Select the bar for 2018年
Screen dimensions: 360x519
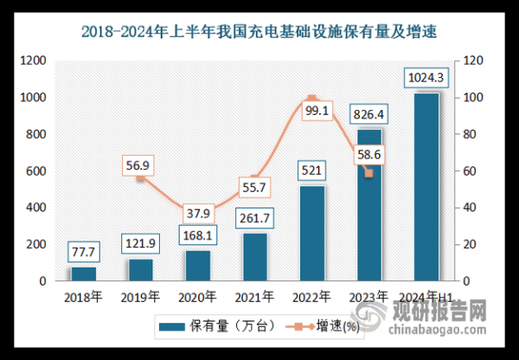click(x=84, y=273)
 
